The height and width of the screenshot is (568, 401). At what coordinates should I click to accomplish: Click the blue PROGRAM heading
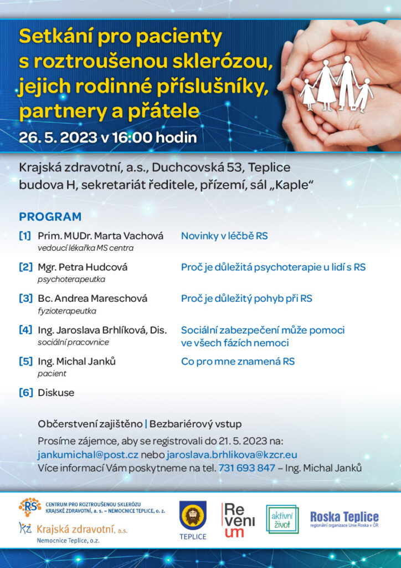pyautogui.click(x=50, y=216)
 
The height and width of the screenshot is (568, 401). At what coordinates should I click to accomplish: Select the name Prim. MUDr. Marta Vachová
pyautogui.click(x=100, y=236)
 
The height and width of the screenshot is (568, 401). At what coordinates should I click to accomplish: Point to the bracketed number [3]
pyautogui.click(x=25, y=298)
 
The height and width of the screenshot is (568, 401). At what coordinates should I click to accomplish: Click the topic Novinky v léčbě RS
pyautogui.click(x=224, y=236)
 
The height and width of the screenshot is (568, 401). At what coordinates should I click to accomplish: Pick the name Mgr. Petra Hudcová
pyautogui.click(x=83, y=267)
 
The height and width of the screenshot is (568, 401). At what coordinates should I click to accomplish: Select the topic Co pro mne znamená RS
pyautogui.click(x=238, y=361)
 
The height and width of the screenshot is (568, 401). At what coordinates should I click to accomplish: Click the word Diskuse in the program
pyautogui.click(x=56, y=393)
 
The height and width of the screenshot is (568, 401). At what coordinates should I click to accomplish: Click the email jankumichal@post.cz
pyautogui.click(x=88, y=454)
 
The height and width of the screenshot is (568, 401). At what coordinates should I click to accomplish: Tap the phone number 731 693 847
pyautogui.click(x=247, y=468)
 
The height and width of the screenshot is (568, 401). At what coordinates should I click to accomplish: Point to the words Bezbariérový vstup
pyautogui.click(x=196, y=424)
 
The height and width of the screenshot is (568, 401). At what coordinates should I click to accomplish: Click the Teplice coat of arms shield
pyautogui.click(x=193, y=515)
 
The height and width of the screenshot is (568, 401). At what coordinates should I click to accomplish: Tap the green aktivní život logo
pyautogui.click(x=282, y=519)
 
